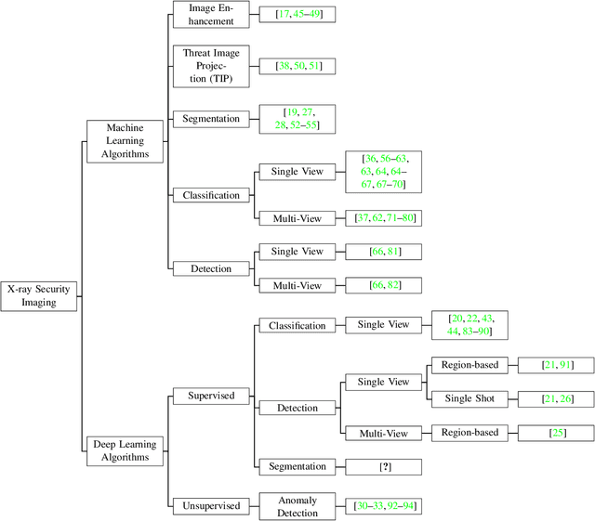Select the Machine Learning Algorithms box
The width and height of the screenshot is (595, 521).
click(124, 141)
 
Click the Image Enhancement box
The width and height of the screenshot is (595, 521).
click(212, 15)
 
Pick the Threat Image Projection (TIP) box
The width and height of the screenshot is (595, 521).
click(212, 65)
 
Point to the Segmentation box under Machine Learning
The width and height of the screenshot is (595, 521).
click(212, 119)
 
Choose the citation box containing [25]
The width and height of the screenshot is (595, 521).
click(557, 433)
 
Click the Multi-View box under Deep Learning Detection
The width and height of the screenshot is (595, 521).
click(377, 433)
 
